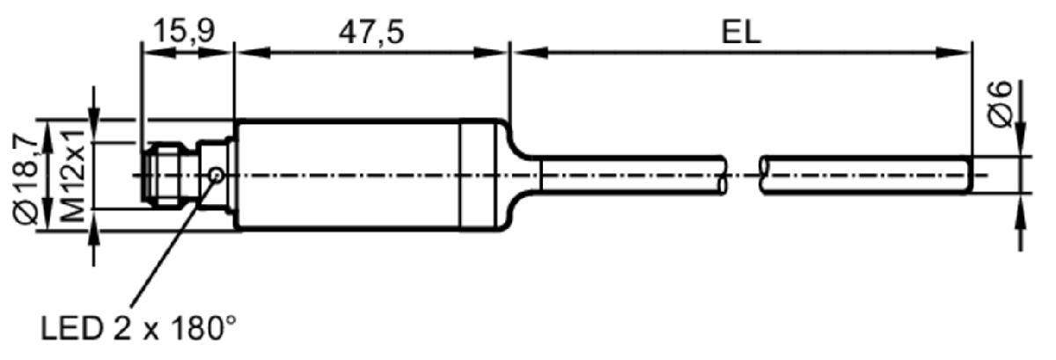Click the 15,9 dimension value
(x=184, y=31)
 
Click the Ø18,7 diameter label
(x=26, y=179)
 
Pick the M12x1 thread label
(x=72, y=175)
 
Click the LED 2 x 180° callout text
(x=139, y=328)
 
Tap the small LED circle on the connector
(x=216, y=175)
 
